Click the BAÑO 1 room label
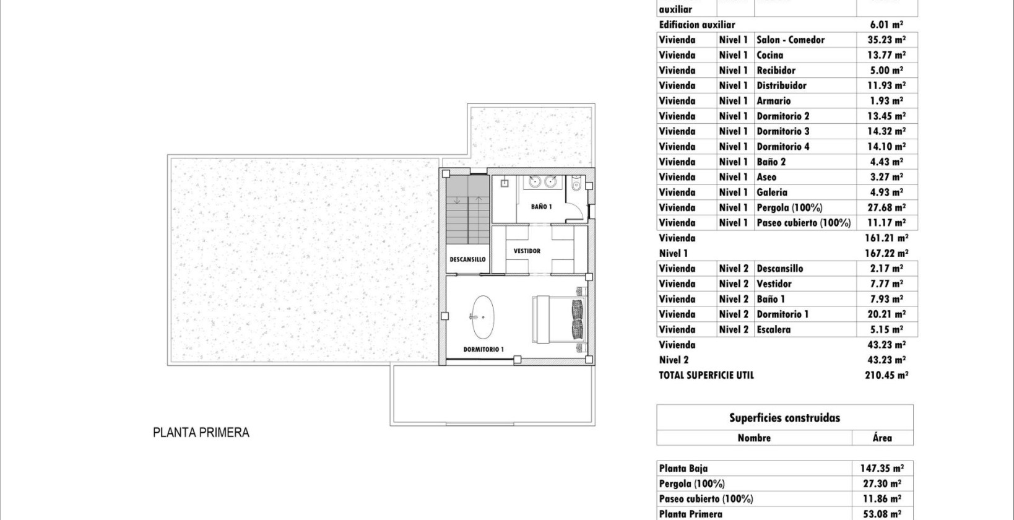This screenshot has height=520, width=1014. point(541,207)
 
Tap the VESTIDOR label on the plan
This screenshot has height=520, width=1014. point(527,251)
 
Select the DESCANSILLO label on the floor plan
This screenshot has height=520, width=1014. point(467,259)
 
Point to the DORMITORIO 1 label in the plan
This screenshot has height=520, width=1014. point(483,350)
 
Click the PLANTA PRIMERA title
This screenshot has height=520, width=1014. point(201,433)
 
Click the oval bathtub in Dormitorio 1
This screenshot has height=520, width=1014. point(483,315)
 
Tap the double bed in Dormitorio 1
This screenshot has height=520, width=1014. point(558,318)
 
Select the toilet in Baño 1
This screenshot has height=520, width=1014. point(576,184)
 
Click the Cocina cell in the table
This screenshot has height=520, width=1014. point(769,55)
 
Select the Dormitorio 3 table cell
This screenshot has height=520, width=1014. point(782,131)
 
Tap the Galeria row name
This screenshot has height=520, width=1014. point(772,193)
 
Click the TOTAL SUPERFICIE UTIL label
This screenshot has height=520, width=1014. point(706,375)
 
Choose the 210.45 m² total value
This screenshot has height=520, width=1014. point(886,375)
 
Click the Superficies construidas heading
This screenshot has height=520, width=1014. point(784,418)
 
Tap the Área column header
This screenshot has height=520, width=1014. point(882,438)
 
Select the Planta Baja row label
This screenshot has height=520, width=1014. point(683,469)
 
